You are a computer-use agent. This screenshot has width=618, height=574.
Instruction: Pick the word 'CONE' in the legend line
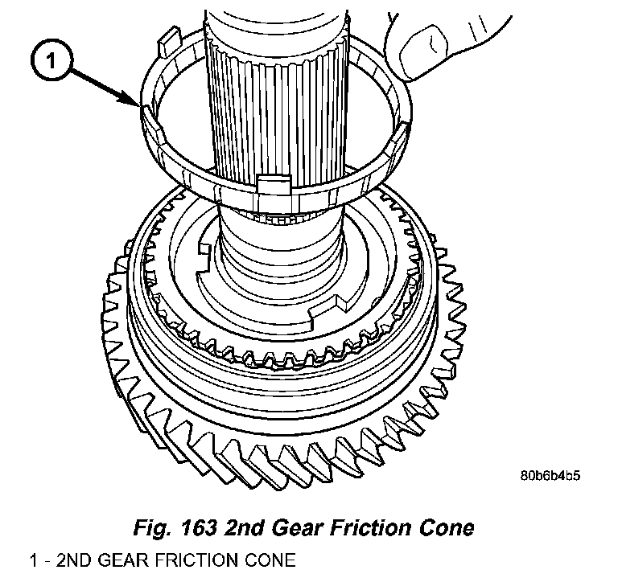click(x=266, y=559)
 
